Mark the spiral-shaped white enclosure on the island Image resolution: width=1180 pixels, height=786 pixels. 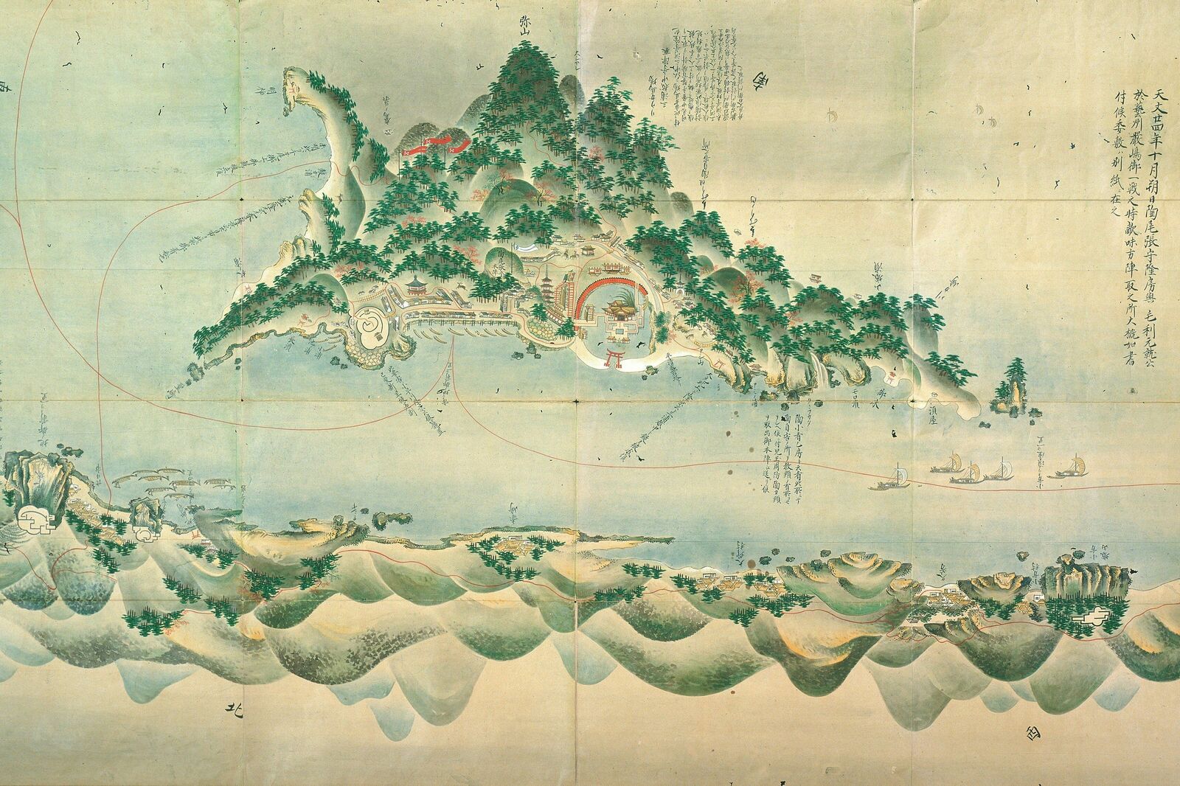coord(369,326)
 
